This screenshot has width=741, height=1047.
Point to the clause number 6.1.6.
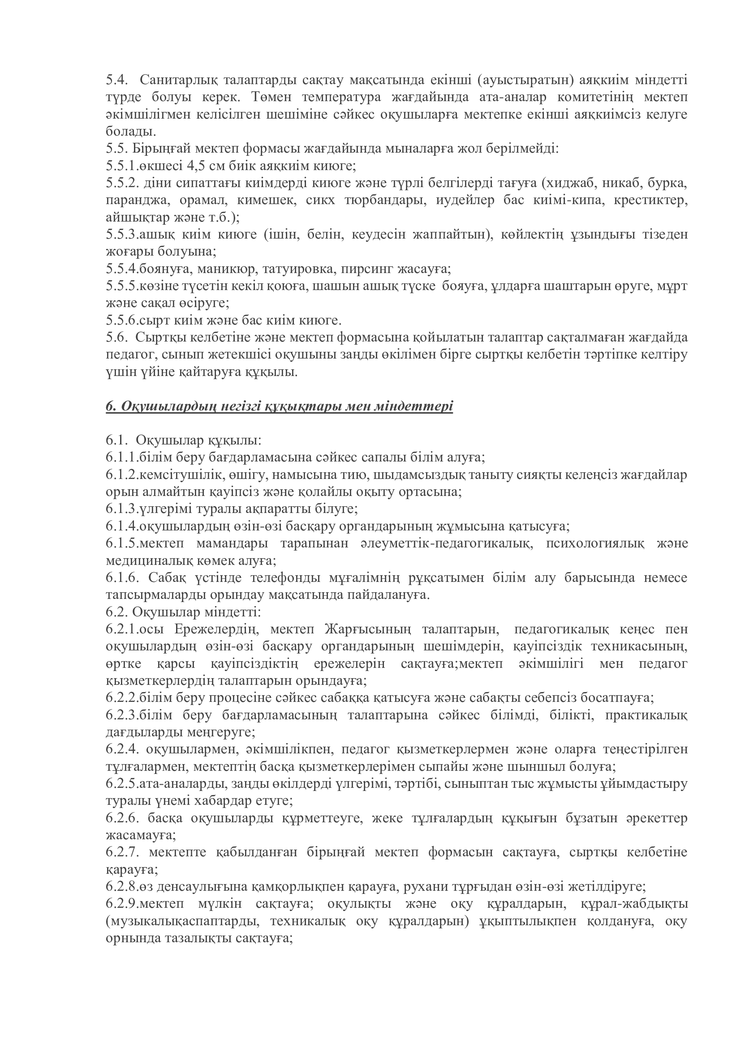click(122, 578)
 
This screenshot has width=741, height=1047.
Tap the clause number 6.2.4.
click(122, 749)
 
